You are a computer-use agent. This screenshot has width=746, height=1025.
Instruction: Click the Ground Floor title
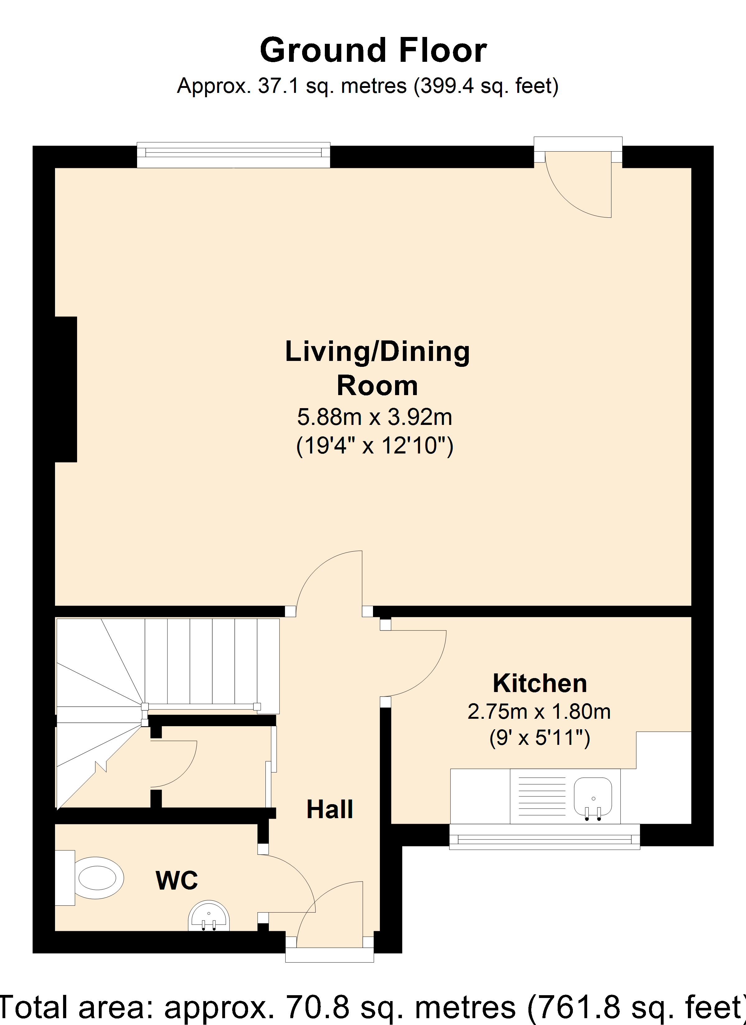(x=373, y=50)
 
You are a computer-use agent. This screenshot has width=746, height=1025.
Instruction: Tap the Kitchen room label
(x=540, y=683)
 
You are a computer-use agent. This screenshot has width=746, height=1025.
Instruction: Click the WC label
(x=177, y=880)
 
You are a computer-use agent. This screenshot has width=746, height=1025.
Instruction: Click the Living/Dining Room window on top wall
(x=233, y=155)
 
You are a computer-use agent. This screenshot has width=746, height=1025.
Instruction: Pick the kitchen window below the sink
(x=545, y=836)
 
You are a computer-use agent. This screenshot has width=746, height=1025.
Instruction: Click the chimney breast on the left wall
(x=66, y=389)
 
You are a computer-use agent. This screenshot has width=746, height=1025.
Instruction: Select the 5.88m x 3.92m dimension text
(x=375, y=417)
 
